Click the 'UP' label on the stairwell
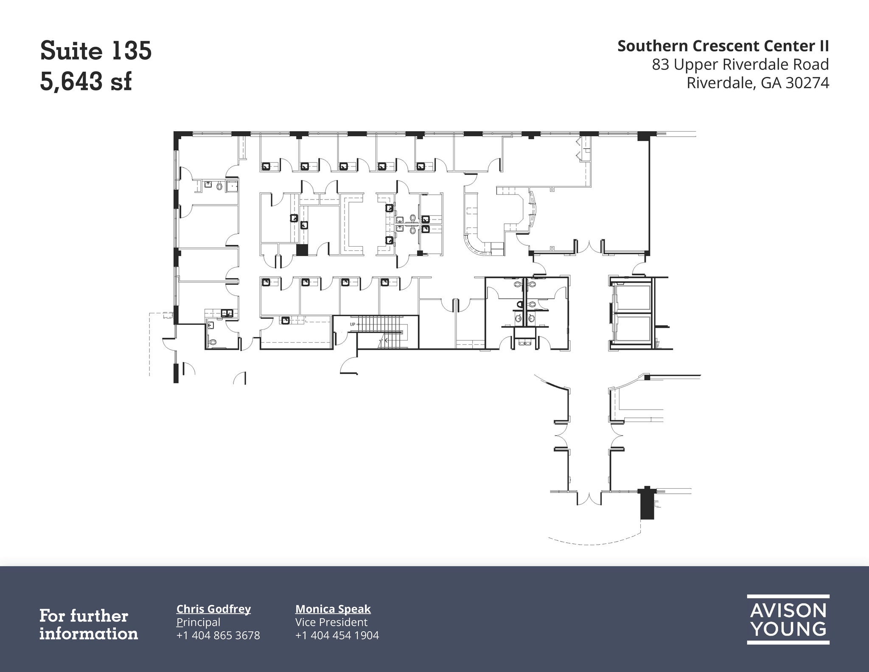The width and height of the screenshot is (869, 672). coord(352,324)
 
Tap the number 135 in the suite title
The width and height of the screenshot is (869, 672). coord(132,51)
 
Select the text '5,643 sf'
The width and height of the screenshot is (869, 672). coord(86,82)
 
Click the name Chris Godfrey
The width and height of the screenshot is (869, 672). coord(213,609)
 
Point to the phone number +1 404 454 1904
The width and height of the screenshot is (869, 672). coord(337,635)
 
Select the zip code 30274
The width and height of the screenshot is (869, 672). coord(807,83)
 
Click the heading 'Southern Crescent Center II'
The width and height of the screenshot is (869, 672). coord(723,46)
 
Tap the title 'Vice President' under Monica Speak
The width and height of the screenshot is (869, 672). coord(331,622)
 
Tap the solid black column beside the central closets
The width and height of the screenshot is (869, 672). coord(302,250)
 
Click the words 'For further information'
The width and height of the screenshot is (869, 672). coord(89,624)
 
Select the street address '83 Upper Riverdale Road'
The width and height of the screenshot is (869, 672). coord(740,65)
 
